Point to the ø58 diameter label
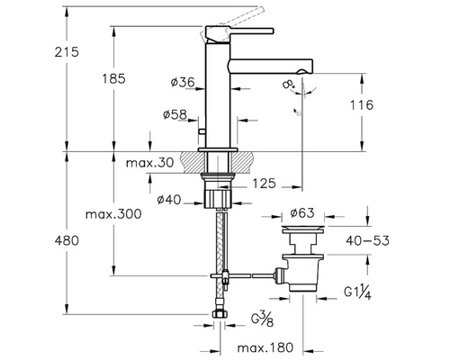click(x=176, y=114)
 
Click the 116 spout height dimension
click(x=388, y=106)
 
